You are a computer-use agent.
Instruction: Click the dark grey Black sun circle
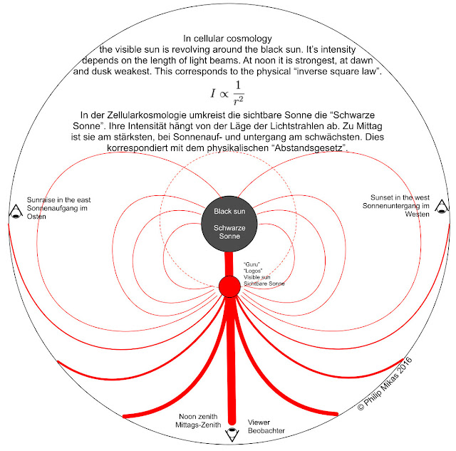pos(229,224)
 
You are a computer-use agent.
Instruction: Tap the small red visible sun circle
pos(229,286)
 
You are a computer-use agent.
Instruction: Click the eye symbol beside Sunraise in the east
pos(16,212)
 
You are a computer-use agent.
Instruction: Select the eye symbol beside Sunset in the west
pos(442,207)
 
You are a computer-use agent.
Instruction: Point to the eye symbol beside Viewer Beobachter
pos(232,435)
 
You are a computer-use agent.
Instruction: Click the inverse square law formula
pos(227,93)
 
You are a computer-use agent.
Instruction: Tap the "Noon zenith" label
pos(198,416)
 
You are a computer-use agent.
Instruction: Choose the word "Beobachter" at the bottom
pos(266,430)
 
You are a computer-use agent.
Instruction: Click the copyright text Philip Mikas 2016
pos(385,383)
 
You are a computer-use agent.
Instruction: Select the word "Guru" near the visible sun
pos(252,264)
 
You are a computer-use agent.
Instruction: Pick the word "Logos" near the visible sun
pos(253,271)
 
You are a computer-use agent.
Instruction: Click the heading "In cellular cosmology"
pos(227,38)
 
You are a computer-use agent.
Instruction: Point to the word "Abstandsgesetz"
pos(310,148)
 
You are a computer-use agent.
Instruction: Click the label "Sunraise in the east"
pos(58,200)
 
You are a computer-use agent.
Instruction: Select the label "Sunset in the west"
pos(400,198)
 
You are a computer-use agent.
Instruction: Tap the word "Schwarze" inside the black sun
pos(229,228)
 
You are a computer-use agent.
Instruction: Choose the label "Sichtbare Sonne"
pos(264,284)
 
